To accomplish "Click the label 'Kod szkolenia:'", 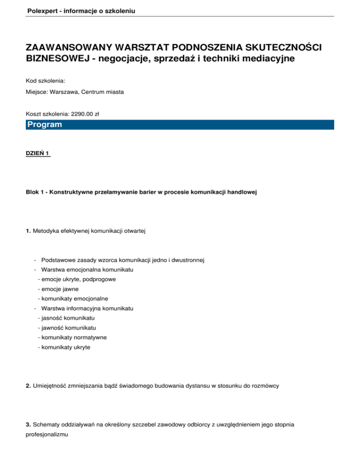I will click(x=45, y=81).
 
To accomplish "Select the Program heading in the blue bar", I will click(x=45, y=125).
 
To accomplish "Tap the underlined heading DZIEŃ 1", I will click(x=38, y=153).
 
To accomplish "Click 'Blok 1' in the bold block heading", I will click(x=35, y=193).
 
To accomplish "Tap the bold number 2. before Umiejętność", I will click(x=29, y=385).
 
